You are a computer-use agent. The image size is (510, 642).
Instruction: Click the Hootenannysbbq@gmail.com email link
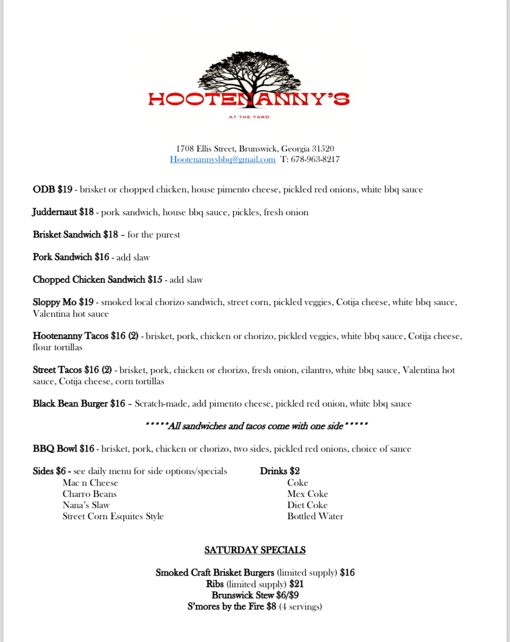tap(223, 159)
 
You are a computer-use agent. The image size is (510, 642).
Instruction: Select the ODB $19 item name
tap(53, 190)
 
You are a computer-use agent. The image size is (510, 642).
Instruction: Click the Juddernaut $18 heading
tap(63, 213)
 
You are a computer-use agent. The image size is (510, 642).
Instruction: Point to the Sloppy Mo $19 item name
tap(63, 302)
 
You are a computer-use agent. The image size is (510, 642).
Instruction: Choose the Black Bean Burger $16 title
tap(79, 404)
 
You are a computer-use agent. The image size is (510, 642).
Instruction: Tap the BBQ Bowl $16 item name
tap(64, 449)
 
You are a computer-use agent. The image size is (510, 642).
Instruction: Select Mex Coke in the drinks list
tap(308, 494)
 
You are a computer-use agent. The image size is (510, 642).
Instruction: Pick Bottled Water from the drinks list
tap(315, 517)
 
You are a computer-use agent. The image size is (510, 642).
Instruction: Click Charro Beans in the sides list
tap(89, 494)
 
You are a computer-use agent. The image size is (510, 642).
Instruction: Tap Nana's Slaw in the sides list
tap(86, 505)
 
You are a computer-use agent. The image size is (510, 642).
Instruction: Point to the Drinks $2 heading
tap(280, 471)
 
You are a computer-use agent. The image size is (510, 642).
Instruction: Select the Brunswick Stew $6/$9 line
tap(255, 596)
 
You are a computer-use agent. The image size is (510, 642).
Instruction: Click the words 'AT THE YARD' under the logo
tap(249, 117)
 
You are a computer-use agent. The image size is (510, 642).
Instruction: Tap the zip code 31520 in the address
tap(323, 149)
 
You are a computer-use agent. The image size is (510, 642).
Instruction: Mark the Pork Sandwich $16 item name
tap(71, 258)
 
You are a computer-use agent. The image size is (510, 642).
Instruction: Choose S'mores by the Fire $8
tap(232, 607)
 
